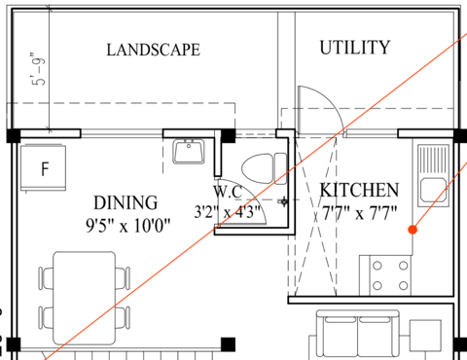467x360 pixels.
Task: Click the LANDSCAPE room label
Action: pos(154,50)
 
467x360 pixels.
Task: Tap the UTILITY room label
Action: pos(355,48)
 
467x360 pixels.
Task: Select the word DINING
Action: pos(126,203)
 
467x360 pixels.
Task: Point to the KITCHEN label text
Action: pos(359,190)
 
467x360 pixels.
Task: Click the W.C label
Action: pos(228,192)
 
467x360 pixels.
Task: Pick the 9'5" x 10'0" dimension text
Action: pos(127,226)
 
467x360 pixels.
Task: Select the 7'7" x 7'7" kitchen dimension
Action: pos(359,213)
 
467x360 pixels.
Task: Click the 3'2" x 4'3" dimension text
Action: pos(228,212)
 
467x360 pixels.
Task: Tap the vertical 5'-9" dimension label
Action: pos(38,68)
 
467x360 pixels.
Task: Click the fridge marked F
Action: pos(44,167)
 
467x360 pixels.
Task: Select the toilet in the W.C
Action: pos(265,168)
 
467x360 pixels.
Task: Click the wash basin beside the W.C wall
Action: pos(189,151)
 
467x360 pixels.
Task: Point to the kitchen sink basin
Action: pos(433,190)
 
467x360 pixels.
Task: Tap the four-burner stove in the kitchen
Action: pos(390,275)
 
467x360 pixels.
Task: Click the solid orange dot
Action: pos(413,230)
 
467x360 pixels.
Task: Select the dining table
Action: pos(85,298)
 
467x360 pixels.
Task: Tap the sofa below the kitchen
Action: pos(358,335)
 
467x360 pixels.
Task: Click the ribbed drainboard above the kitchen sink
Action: pos(433,160)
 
